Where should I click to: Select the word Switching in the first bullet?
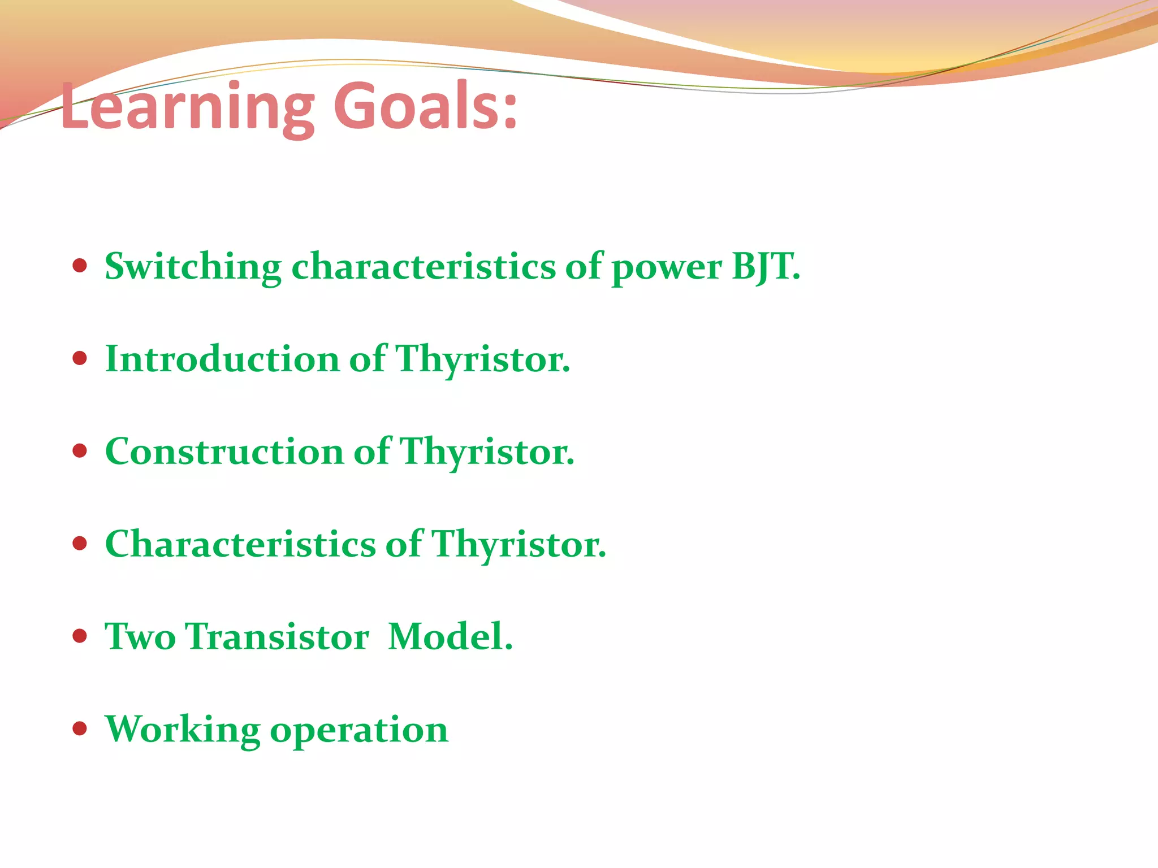coord(193,267)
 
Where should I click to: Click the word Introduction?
coord(222,359)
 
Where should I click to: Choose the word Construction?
coord(224,452)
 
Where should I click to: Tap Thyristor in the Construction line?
coord(487,453)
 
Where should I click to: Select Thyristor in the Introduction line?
coord(482,360)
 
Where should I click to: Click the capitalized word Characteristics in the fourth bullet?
coord(240,544)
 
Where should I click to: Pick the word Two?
coord(140,637)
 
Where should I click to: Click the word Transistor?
coord(277,637)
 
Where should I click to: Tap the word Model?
coord(450,637)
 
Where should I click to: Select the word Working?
coord(182,730)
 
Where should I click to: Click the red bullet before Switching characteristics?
coord(80,266)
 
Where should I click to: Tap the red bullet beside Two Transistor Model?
coord(80,636)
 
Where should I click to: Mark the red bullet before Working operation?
coord(80,729)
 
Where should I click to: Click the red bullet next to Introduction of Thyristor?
coord(80,358)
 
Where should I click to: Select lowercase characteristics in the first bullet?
coord(424,267)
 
